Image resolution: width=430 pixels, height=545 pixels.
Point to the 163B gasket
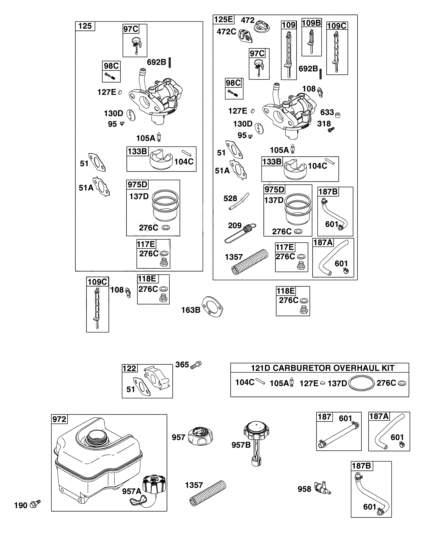(x=213, y=307)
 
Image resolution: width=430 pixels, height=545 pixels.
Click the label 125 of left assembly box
(x=85, y=26)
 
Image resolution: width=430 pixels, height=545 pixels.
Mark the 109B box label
(x=311, y=23)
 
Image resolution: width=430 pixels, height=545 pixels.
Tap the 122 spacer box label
(x=130, y=368)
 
